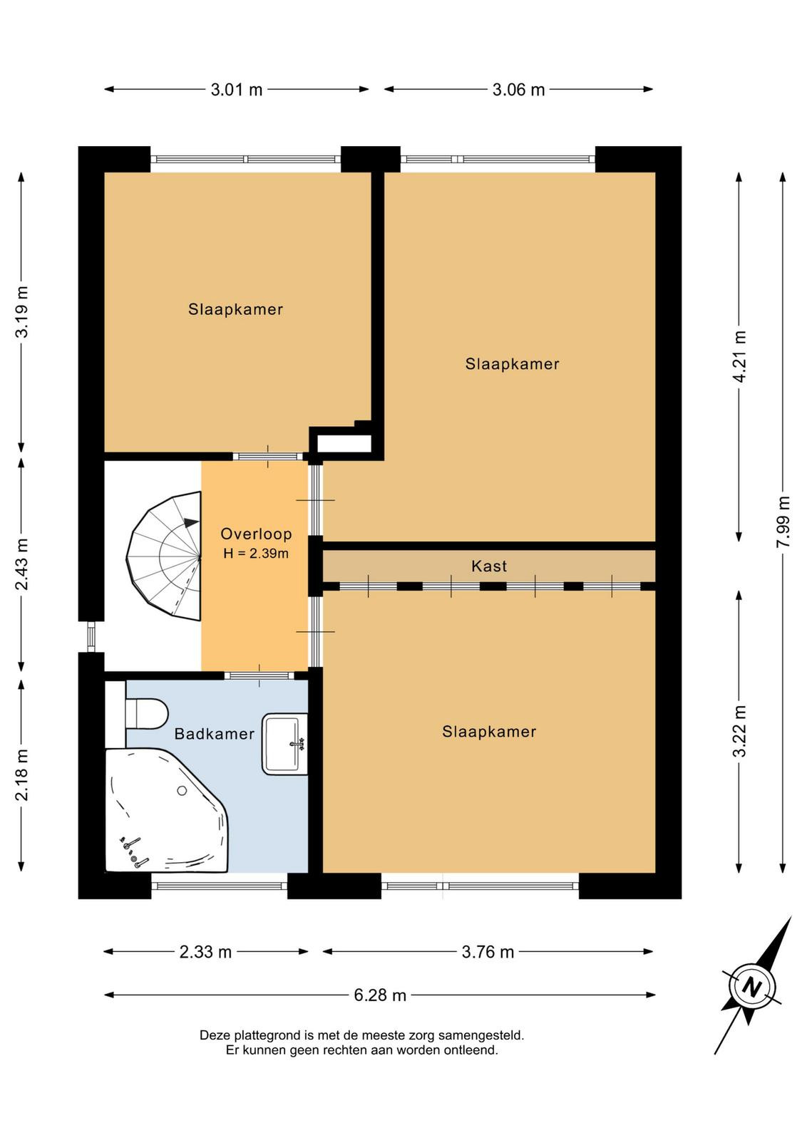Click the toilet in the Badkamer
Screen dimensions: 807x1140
pos(146,713)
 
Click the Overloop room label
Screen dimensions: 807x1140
pos(256,534)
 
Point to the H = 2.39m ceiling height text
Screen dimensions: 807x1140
pos(256,553)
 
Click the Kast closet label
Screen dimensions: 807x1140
pos(489,566)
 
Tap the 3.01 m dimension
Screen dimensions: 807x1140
pos(237,90)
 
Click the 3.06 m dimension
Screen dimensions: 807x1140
pos(518,90)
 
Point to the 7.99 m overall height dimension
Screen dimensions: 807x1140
pos(783,522)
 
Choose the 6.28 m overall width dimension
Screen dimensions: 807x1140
pos(380,995)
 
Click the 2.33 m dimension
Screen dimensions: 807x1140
pos(206,951)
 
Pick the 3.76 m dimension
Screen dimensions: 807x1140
pos(488,951)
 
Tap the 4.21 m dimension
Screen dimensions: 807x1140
pos(740,357)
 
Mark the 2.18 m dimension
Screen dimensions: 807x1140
pos(22,774)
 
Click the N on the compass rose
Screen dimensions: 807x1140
pos(752,988)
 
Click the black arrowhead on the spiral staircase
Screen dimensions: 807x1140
pos(192,522)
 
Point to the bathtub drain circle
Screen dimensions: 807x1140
pos(182,790)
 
